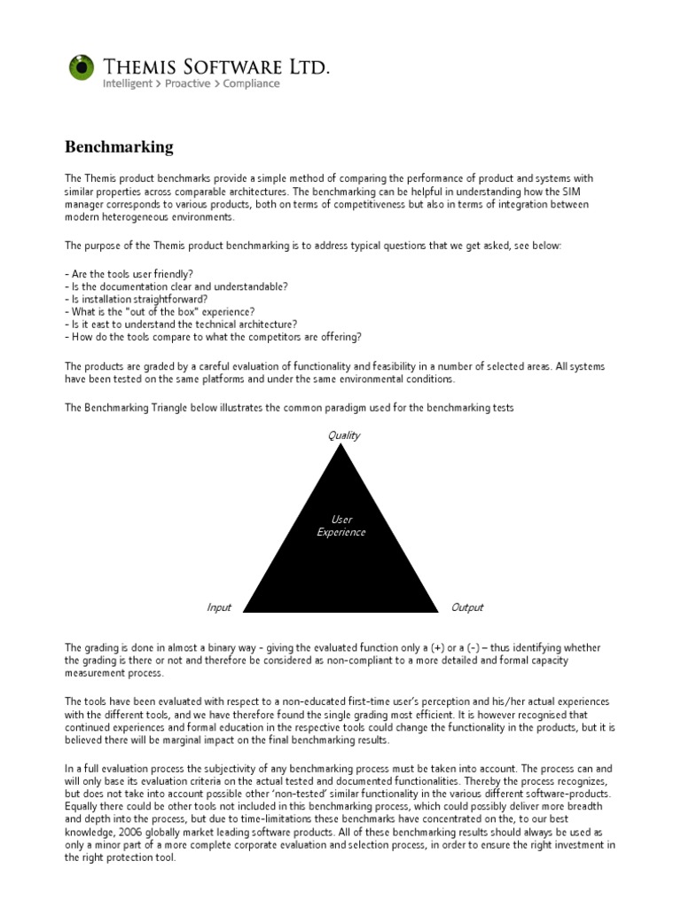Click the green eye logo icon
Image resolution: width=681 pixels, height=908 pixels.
pyautogui.click(x=82, y=67)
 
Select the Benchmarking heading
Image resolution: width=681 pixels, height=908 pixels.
pyautogui.click(x=120, y=146)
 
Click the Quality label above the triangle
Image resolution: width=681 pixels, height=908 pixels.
pyautogui.click(x=344, y=435)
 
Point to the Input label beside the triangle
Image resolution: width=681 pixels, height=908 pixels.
pyautogui.click(x=219, y=607)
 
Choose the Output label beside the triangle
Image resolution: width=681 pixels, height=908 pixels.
pyautogui.click(x=467, y=607)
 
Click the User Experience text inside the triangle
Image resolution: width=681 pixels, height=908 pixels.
pyautogui.click(x=341, y=526)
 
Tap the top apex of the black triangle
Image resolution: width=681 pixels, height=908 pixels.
pyautogui.click(x=342, y=446)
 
